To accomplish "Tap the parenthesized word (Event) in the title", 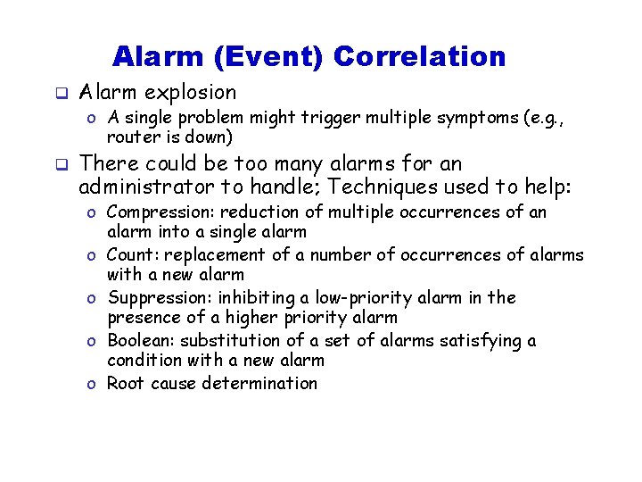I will [x=270, y=57].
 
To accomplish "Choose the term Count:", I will [x=130, y=255].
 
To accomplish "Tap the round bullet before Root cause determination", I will [x=93, y=385].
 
